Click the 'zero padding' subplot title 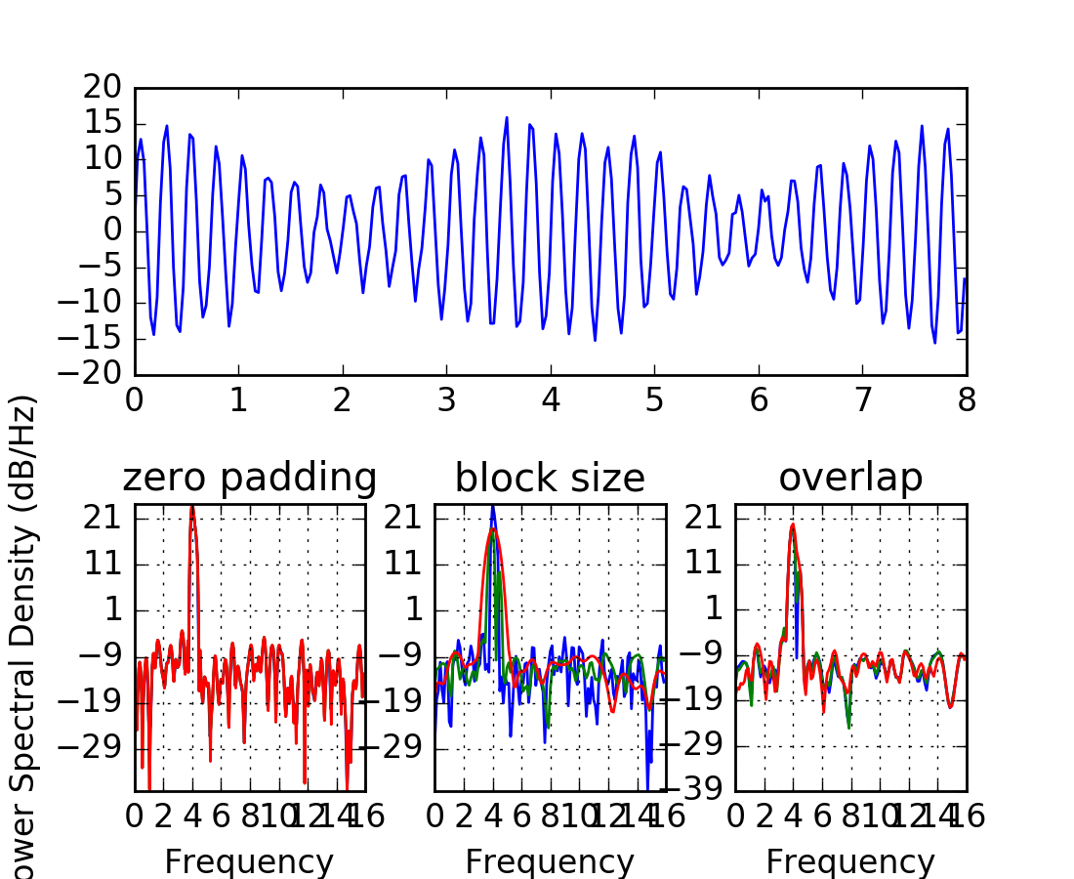[x=249, y=478]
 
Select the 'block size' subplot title [x=550, y=478]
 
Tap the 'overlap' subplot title [x=850, y=478]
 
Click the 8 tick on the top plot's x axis [x=967, y=400]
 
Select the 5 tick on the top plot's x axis [x=655, y=400]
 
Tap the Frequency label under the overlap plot [x=850, y=861]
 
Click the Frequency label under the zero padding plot [x=249, y=861]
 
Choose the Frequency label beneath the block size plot [x=550, y=861]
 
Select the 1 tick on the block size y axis [x=414, y=609]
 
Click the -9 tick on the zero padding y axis [x=102, y=655]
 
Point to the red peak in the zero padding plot [x=192, y=509]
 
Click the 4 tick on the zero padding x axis [x=192, y=816]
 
